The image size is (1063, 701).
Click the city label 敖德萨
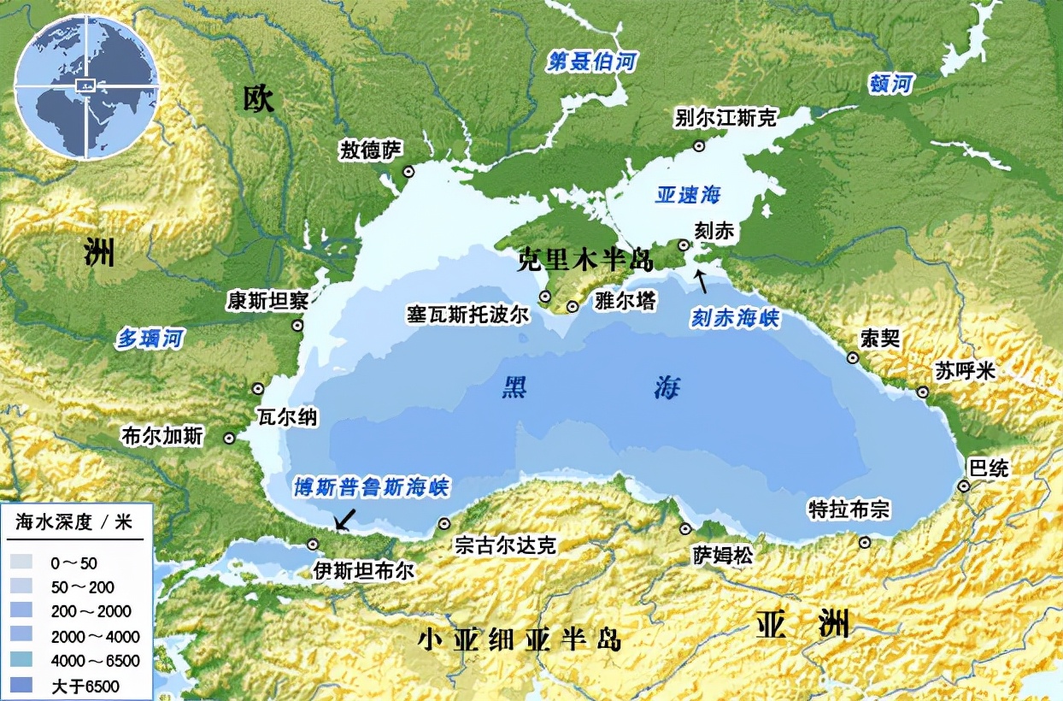point(370,150)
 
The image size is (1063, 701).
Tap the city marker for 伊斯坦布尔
point(313,544)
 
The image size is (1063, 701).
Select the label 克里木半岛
point(585,261)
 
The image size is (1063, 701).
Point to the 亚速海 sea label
point(689,194)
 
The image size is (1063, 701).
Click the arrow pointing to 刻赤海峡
point(702,280)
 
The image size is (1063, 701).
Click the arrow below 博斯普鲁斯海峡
point(345,518)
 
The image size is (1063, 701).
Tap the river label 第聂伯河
point(592,62)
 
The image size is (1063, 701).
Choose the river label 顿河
point(891,84)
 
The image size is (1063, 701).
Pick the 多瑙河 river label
point(150,339)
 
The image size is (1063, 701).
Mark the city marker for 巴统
point(964,486)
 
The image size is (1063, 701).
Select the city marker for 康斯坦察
point(297,325)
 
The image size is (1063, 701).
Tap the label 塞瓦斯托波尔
point(467,314)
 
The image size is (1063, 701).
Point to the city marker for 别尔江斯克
point(699,145)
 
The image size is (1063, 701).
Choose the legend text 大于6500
point(85,686)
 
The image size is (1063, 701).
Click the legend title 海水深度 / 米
point(75,523)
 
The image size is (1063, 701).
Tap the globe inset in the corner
point(85,85)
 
